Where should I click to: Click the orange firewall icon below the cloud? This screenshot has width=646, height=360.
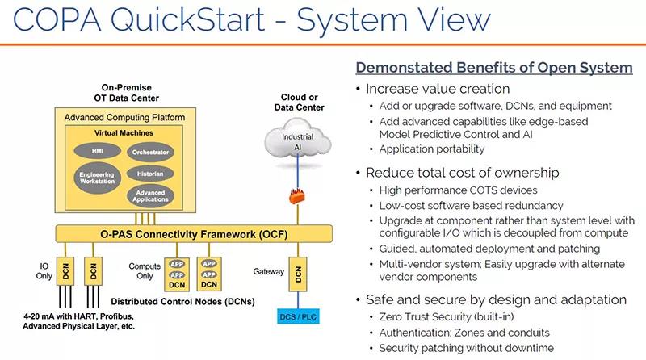click(x=298, y=196)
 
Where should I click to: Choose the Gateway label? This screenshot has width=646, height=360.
click(x=268, y=271)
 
